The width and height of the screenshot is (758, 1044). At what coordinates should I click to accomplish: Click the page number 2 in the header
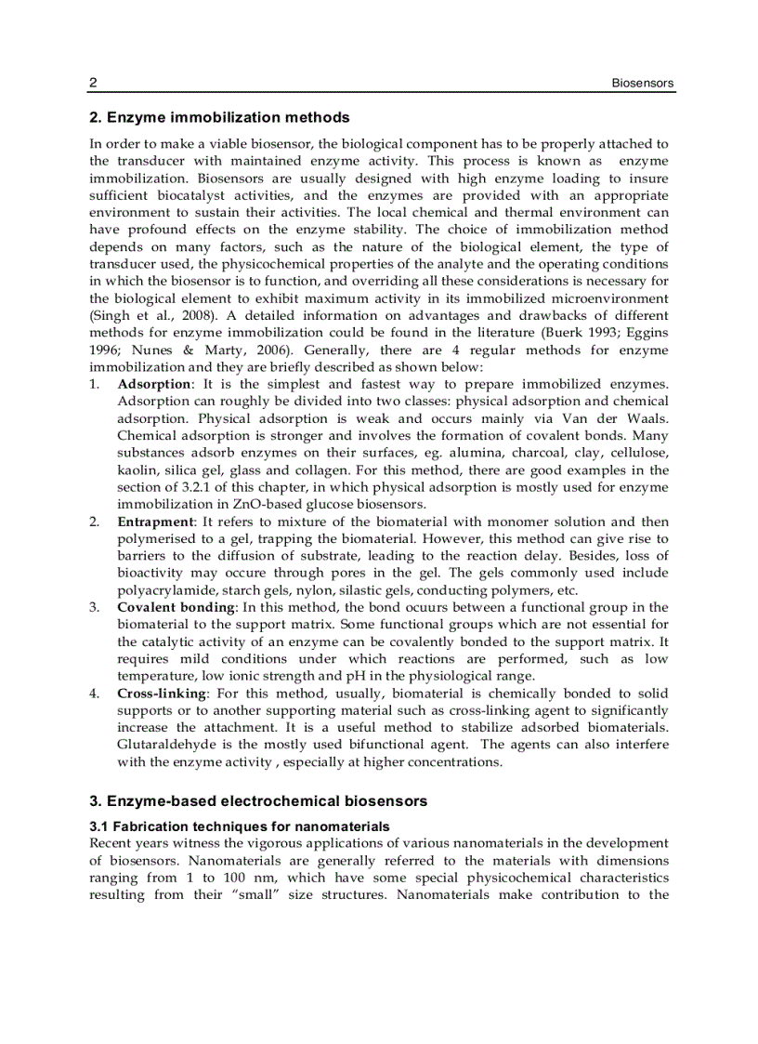93,84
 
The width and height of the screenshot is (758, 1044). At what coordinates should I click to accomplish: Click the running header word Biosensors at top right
642,84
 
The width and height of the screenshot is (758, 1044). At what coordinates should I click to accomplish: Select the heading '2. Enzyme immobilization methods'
219,118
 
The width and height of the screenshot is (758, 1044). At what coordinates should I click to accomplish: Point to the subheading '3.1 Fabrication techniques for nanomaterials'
240,826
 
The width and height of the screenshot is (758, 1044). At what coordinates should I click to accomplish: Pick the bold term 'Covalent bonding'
176,607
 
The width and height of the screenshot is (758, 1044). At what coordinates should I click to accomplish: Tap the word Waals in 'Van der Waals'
647,418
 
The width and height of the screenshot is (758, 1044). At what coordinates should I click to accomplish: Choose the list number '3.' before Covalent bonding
95,607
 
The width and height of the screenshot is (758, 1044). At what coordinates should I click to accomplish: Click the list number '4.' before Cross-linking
95,694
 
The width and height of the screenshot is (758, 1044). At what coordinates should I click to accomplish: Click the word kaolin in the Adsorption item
137,469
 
